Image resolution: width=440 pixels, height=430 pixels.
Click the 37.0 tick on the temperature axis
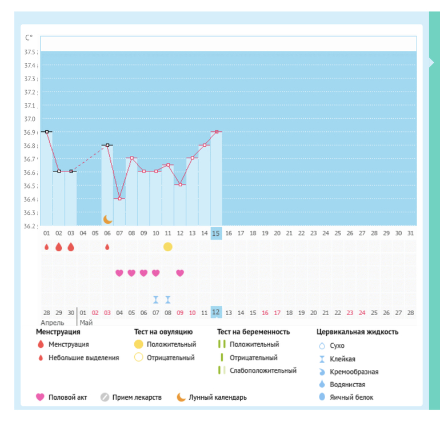tap(29, 119)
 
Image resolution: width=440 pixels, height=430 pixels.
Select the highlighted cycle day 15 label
tap(216, 233)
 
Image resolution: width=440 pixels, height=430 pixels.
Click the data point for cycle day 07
tap(119, 199)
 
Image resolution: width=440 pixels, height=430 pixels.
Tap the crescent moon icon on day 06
tap(107, 219)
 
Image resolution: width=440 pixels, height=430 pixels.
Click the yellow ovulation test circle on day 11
tap(167, 247)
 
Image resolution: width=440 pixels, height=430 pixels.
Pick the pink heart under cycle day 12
tap(180, 273)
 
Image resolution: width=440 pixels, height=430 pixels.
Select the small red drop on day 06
tap(107, 247)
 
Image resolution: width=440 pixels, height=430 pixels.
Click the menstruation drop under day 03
tap(71, 247)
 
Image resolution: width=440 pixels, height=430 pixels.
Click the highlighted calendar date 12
tap(216, 312)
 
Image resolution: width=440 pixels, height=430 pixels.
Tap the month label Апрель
tap(52, 322)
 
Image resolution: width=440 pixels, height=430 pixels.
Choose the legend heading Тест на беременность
tap(254, 332)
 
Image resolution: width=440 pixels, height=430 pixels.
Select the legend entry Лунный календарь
tap(218, 397)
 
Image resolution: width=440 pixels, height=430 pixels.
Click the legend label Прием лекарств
tap(137, 397)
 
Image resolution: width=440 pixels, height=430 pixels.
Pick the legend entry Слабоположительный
tap(263, 371)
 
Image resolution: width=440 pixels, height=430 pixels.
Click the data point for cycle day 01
tap(47, 131)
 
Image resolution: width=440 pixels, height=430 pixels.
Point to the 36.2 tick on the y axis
tap(29, 226)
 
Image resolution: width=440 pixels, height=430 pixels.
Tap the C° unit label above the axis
tap(29, 38)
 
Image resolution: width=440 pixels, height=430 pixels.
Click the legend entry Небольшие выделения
tap(83, 357)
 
